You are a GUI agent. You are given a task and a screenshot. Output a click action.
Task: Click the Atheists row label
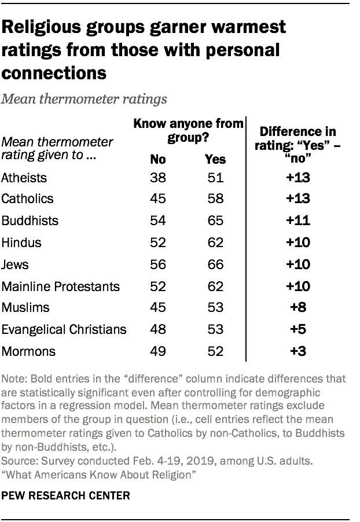[x=24, y=177]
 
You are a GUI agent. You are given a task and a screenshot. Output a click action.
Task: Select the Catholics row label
[x=28, y=199]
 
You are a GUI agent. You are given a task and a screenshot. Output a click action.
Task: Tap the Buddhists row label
[x=30, y=221]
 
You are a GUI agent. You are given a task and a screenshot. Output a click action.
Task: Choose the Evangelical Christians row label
[x=64, y=330]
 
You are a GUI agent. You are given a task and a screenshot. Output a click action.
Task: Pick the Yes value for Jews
[x=215, y=264]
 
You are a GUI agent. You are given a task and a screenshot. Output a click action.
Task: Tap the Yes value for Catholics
[x=215, y=199]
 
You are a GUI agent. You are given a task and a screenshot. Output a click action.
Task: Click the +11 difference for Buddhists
[x=297, y=221]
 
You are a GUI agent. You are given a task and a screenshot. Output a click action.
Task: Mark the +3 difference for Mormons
[x=297, y=352]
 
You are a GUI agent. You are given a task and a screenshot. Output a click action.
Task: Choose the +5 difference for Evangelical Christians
[x=297, y=330]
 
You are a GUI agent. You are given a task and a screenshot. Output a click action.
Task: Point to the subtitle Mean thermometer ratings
[x=85, y=99]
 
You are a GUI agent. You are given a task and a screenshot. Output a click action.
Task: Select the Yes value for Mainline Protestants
[x=215, y=286]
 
